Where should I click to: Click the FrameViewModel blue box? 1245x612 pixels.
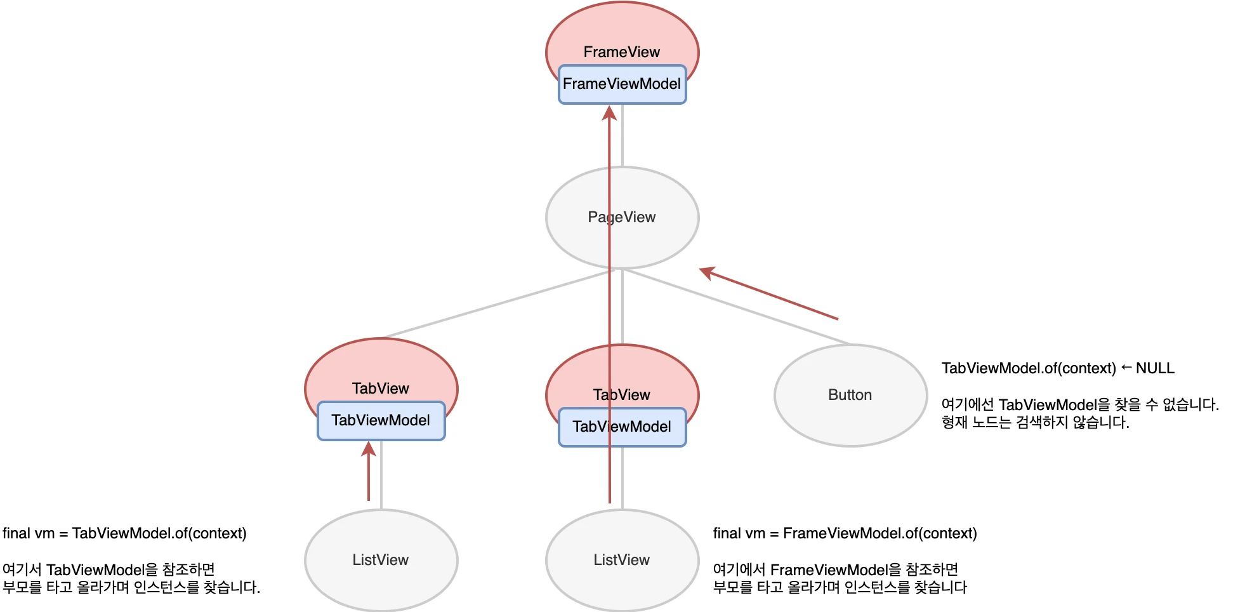tap(622, 84)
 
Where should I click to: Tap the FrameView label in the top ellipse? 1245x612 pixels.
tap(622, 52)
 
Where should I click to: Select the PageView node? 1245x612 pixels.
tap(622, 217)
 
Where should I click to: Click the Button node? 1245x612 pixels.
tap(850, 395)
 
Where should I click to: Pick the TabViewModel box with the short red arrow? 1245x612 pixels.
tap(381, 421)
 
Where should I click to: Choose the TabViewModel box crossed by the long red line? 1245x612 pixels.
tap(622, 427)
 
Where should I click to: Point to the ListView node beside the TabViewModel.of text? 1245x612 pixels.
tap(381, 560)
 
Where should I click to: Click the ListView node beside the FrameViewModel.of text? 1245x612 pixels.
tap(622, 560)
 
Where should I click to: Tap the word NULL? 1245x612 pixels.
tap(1155, 368)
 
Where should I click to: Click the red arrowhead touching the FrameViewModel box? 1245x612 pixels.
tap(609, 113)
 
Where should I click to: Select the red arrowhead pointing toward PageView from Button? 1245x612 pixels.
tap(707, 272)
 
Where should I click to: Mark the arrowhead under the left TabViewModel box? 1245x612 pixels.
tap(368, 449)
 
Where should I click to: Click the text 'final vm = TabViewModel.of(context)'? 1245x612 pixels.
tap(124, 533)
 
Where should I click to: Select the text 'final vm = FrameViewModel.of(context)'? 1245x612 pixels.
tap(845, 533)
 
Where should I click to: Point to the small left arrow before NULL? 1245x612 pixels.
tap(1126, 368)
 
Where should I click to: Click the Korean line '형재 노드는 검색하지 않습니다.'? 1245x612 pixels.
tap(1035, 422)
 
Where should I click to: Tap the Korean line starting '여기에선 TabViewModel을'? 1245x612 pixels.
tap(1080, 404)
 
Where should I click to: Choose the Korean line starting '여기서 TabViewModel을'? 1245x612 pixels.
tap(109, 569)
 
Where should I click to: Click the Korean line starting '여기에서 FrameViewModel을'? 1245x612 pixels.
tap(835, 569)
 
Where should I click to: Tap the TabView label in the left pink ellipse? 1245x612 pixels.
tap(381, 389)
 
